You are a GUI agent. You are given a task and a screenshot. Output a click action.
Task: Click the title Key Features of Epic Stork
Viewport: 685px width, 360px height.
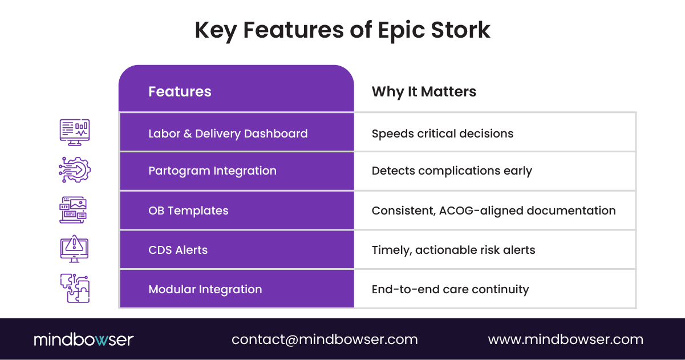point(342,30)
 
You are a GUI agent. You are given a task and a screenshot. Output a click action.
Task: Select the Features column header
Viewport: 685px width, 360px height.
point(180,91)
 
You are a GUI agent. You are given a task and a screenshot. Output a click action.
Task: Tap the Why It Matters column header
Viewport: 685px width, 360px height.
point(424,91)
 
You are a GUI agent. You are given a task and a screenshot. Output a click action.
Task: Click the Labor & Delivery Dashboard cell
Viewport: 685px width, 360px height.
point(228,134)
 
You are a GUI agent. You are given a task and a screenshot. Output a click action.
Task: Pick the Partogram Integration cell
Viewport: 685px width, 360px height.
point(212,171)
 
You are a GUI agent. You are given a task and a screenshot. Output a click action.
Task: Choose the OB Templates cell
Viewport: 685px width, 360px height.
point(188,211)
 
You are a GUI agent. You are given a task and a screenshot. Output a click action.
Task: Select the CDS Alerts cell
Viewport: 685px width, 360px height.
point(178,250)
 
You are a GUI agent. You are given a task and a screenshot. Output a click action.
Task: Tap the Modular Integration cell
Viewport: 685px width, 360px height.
point(205,289)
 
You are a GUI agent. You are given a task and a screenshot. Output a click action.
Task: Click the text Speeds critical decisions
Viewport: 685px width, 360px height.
point(442,134)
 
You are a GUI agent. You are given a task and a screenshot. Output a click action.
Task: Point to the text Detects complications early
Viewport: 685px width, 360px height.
point(451,171)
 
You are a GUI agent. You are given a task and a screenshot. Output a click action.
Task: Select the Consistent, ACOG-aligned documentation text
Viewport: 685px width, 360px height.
point(493,211)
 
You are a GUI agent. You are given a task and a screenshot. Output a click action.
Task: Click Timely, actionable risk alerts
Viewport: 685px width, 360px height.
point(453,250)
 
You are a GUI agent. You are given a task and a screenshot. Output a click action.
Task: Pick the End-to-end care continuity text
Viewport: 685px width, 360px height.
point(450,289)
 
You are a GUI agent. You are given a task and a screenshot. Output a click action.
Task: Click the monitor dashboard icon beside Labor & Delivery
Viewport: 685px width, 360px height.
point(75,131)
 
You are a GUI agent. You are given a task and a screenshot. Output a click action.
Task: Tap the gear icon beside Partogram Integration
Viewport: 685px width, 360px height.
point(75,170)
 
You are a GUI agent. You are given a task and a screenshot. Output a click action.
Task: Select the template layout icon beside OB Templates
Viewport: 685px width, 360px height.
point(74,209)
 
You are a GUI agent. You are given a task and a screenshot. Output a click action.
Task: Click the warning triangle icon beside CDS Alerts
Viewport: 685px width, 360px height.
point(74,249)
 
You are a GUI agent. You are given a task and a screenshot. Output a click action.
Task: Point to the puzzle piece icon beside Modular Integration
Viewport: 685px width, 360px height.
point(75,289)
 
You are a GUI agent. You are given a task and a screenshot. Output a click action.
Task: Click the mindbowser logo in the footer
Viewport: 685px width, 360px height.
point(83,339)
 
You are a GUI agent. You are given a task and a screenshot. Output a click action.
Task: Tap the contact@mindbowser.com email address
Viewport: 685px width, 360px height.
point(325,339)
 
